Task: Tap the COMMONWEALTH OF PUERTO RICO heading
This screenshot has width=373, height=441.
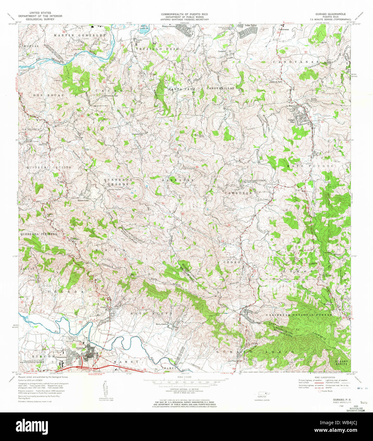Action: [x=185, y=14]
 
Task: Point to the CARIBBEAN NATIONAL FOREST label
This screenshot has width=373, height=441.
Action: [x=299, y=315]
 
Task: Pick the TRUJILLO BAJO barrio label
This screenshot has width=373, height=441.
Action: [x=158, y=49]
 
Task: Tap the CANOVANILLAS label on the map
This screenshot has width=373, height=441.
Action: [x=220, y=88]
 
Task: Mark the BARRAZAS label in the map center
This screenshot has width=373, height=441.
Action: [x=178, y=180]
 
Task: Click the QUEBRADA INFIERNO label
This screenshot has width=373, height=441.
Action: [x=38, y=234]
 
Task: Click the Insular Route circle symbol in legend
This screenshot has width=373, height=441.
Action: [x=319, y=391]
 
